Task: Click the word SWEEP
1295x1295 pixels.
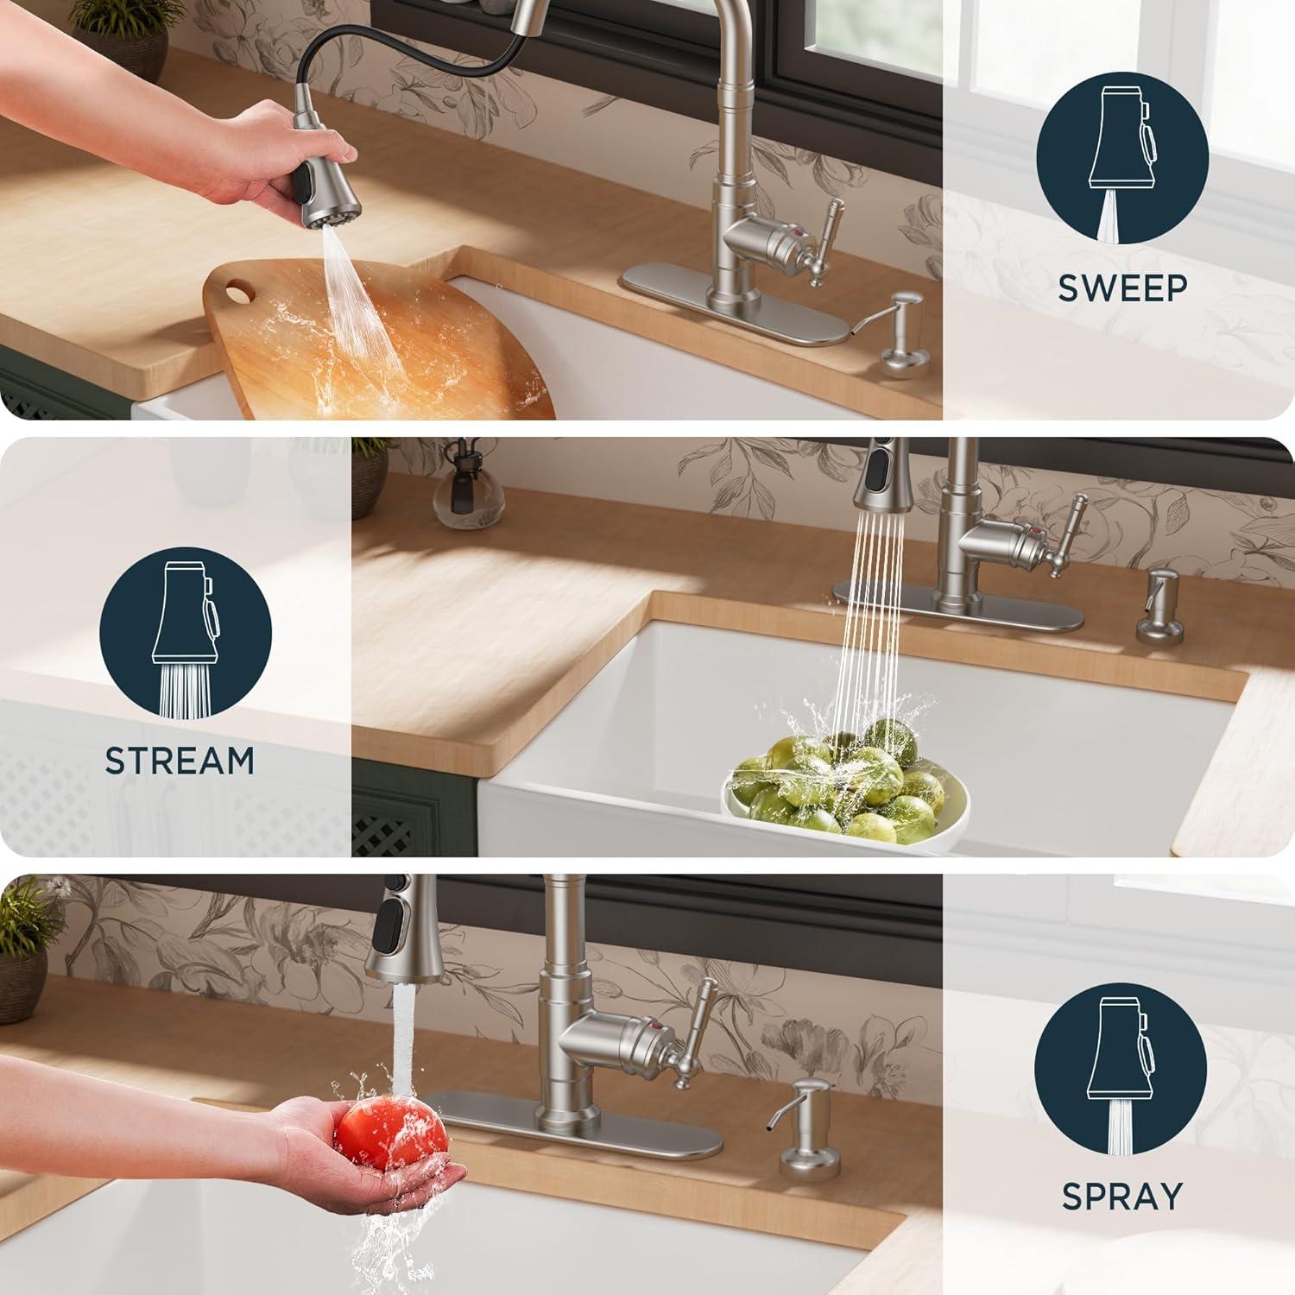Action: pos(1123,288)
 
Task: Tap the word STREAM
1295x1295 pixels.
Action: pos(180,761)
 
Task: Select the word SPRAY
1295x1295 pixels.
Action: pos(1121,1196)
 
